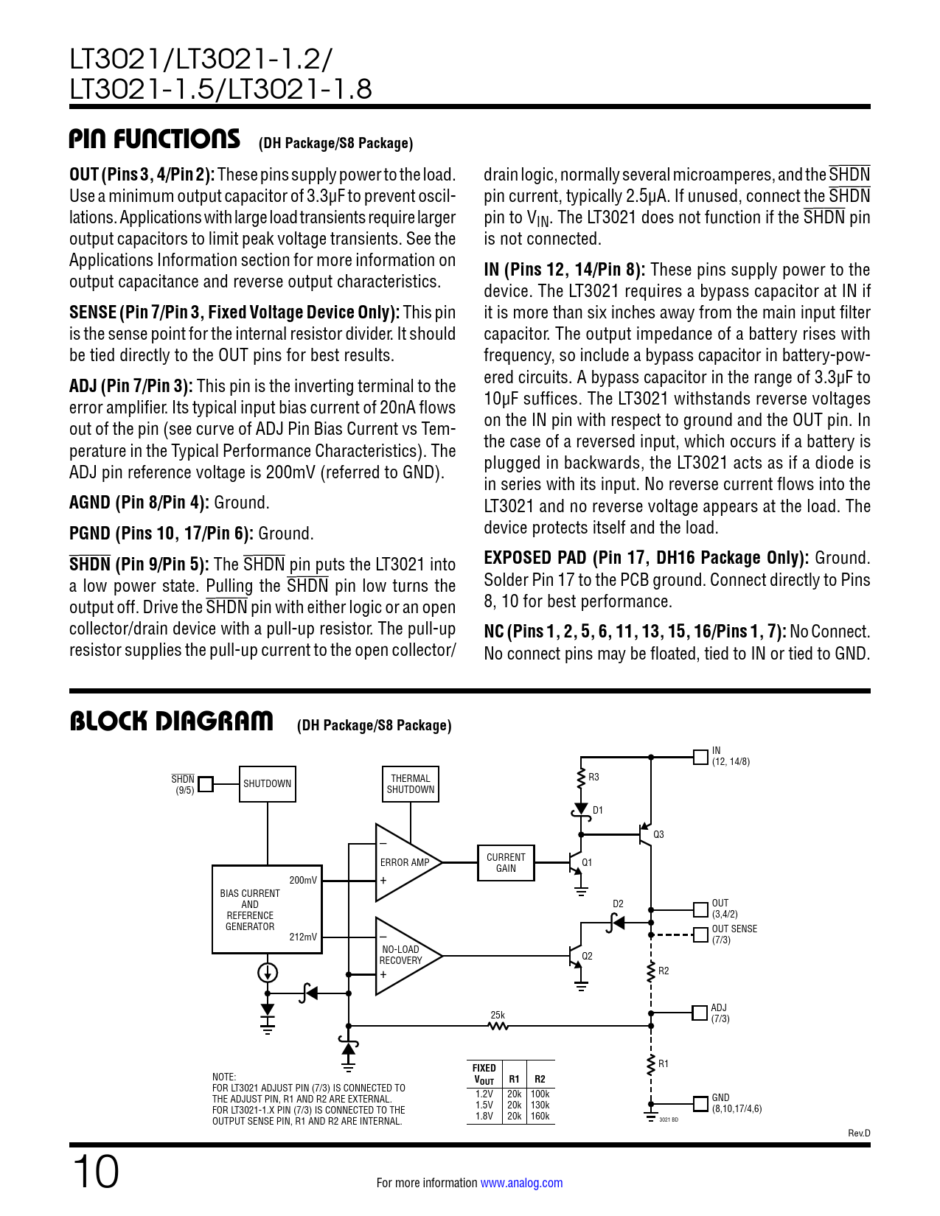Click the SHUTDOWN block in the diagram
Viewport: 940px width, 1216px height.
point(268,784)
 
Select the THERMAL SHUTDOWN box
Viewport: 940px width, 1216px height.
point(411,784)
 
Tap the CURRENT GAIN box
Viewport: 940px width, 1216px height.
point(506,863)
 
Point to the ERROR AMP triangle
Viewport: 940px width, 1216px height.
point(403,862)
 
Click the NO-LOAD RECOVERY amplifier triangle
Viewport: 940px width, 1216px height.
point(403,956)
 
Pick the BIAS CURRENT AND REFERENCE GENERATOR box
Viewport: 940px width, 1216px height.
point(267,909)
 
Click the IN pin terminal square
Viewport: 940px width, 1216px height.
point(700,757)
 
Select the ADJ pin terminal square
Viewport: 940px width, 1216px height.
point(700,1013)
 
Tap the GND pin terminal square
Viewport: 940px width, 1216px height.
point(700,1103)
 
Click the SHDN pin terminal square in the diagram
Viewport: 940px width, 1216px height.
point(206,784)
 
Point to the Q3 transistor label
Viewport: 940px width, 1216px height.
point(658,835)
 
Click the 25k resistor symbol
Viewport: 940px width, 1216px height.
point(498,1025)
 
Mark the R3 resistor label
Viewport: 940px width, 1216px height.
point(593,778)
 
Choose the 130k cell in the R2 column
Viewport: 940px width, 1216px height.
point(540,1105)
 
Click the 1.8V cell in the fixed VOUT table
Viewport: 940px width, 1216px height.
point(484,1117)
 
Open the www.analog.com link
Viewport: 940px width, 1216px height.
point(521,1183)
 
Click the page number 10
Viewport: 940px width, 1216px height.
point(95,1172)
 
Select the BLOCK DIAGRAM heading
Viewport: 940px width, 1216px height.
point(171,721)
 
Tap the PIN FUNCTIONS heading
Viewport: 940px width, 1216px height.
point(155,139)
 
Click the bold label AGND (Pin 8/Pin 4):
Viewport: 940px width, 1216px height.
point(139,503)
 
